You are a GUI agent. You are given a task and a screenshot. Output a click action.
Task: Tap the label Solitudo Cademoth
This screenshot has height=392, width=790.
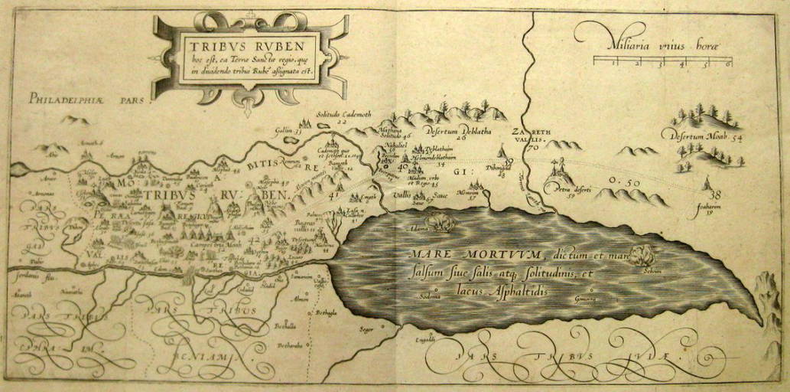(x=343, y=114)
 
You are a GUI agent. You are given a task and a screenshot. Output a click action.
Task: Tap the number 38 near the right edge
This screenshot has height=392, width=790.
(x=715, y=195)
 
